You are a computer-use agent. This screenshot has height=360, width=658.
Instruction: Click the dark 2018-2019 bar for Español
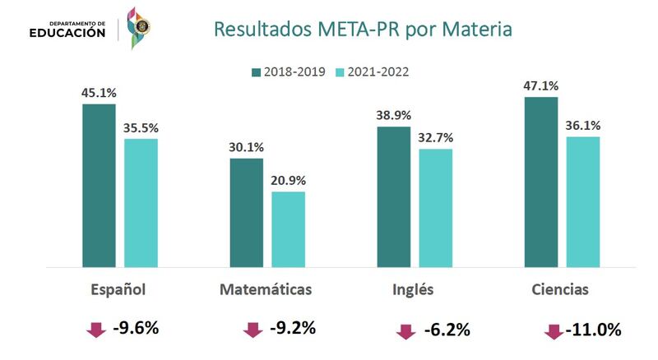[99, 185]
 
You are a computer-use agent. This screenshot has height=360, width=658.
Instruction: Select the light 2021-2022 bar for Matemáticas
[288, 229]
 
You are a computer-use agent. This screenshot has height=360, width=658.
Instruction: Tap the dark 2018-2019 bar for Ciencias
[541, 182]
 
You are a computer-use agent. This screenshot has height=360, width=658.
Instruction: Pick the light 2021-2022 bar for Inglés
[435, 208]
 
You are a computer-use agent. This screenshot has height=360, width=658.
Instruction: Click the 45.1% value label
[99, 93]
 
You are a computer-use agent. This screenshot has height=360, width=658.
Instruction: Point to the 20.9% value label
[288, 181]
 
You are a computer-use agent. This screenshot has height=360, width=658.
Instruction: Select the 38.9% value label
[393, 116]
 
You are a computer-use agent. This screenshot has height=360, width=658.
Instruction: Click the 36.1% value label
[583, 126]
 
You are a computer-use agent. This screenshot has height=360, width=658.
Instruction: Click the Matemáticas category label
[266, 290]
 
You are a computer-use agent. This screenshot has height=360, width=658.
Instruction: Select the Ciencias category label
[559, 290]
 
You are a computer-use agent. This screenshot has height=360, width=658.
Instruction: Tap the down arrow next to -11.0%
[554, 331]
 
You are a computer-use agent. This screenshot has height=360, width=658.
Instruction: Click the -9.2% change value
[293, 329]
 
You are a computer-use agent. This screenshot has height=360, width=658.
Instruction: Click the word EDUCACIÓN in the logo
[67, 34]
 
